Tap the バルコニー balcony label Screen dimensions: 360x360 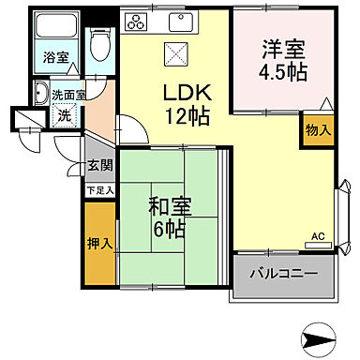(283, 276)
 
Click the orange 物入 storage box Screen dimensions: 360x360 (318, 129)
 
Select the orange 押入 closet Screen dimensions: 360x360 (98, 243)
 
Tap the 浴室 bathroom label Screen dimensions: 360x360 (55, 57)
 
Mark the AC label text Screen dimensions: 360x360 (317, 235)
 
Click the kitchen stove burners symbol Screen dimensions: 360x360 (135, 21)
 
